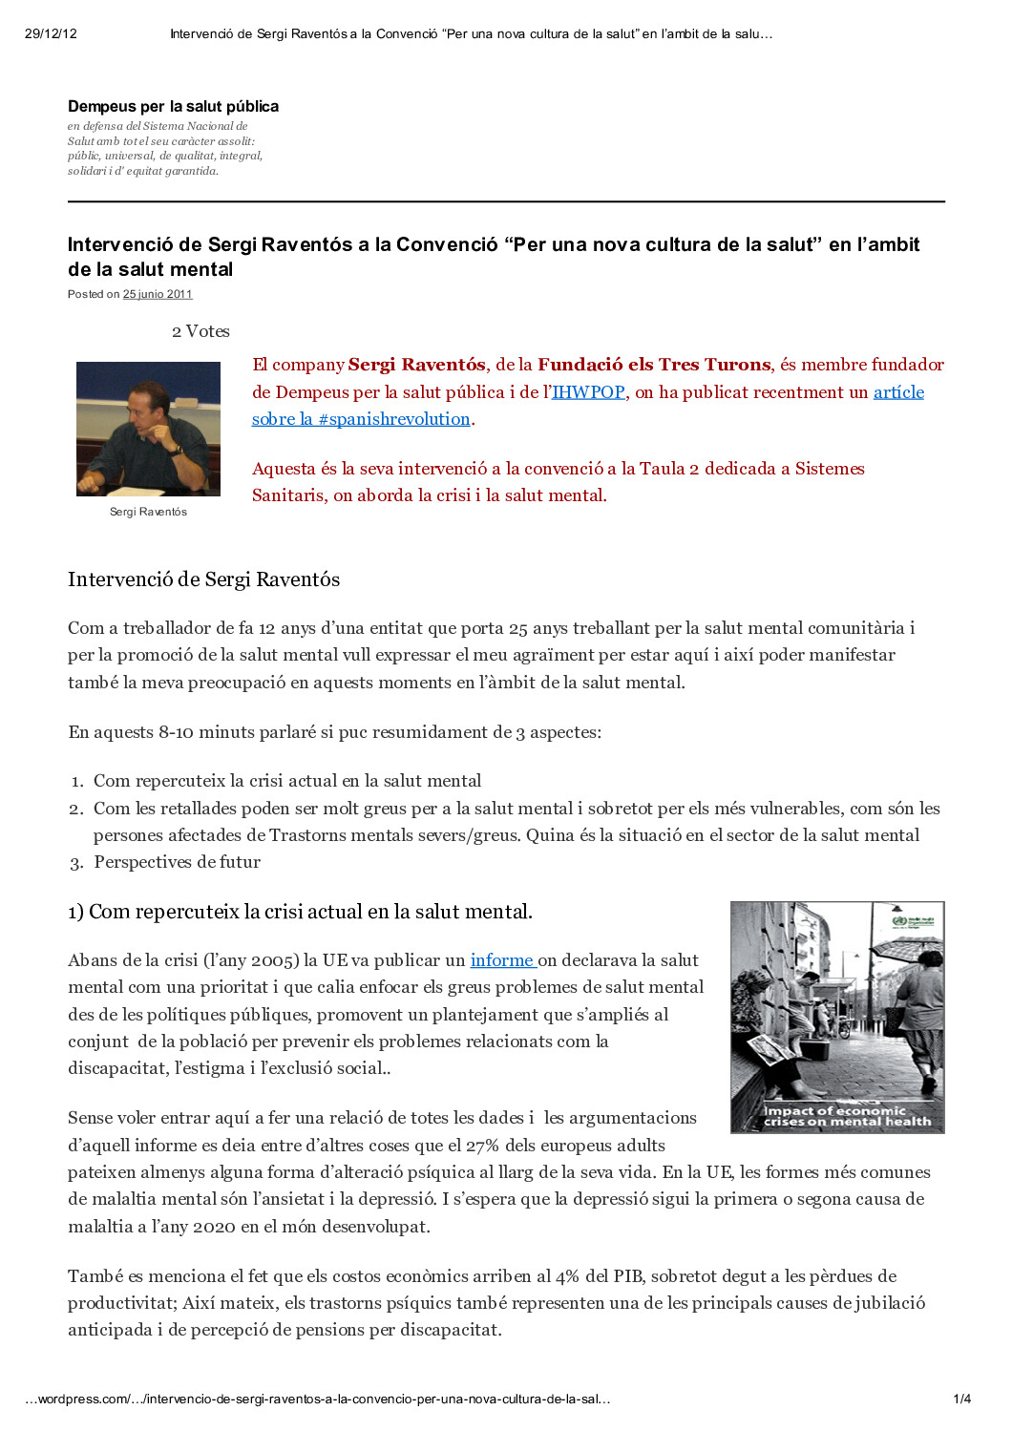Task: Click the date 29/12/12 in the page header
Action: [x=51, y=33]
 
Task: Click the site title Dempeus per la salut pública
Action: [x=173, y=106]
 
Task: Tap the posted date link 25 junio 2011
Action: [x=158, y=294]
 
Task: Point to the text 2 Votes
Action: [x=200, y=331]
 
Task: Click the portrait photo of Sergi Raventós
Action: [x=148, y=429]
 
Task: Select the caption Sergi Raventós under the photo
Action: [x=148, y=512]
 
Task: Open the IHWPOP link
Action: [x=588, y=391]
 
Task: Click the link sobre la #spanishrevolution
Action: [x=361, y=418]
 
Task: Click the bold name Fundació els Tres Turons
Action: [x=654, y=364]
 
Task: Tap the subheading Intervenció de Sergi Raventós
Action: [x=203, y=579]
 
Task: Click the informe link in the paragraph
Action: [x=502, y=959]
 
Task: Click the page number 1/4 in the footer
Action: [x=961, y=1399]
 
